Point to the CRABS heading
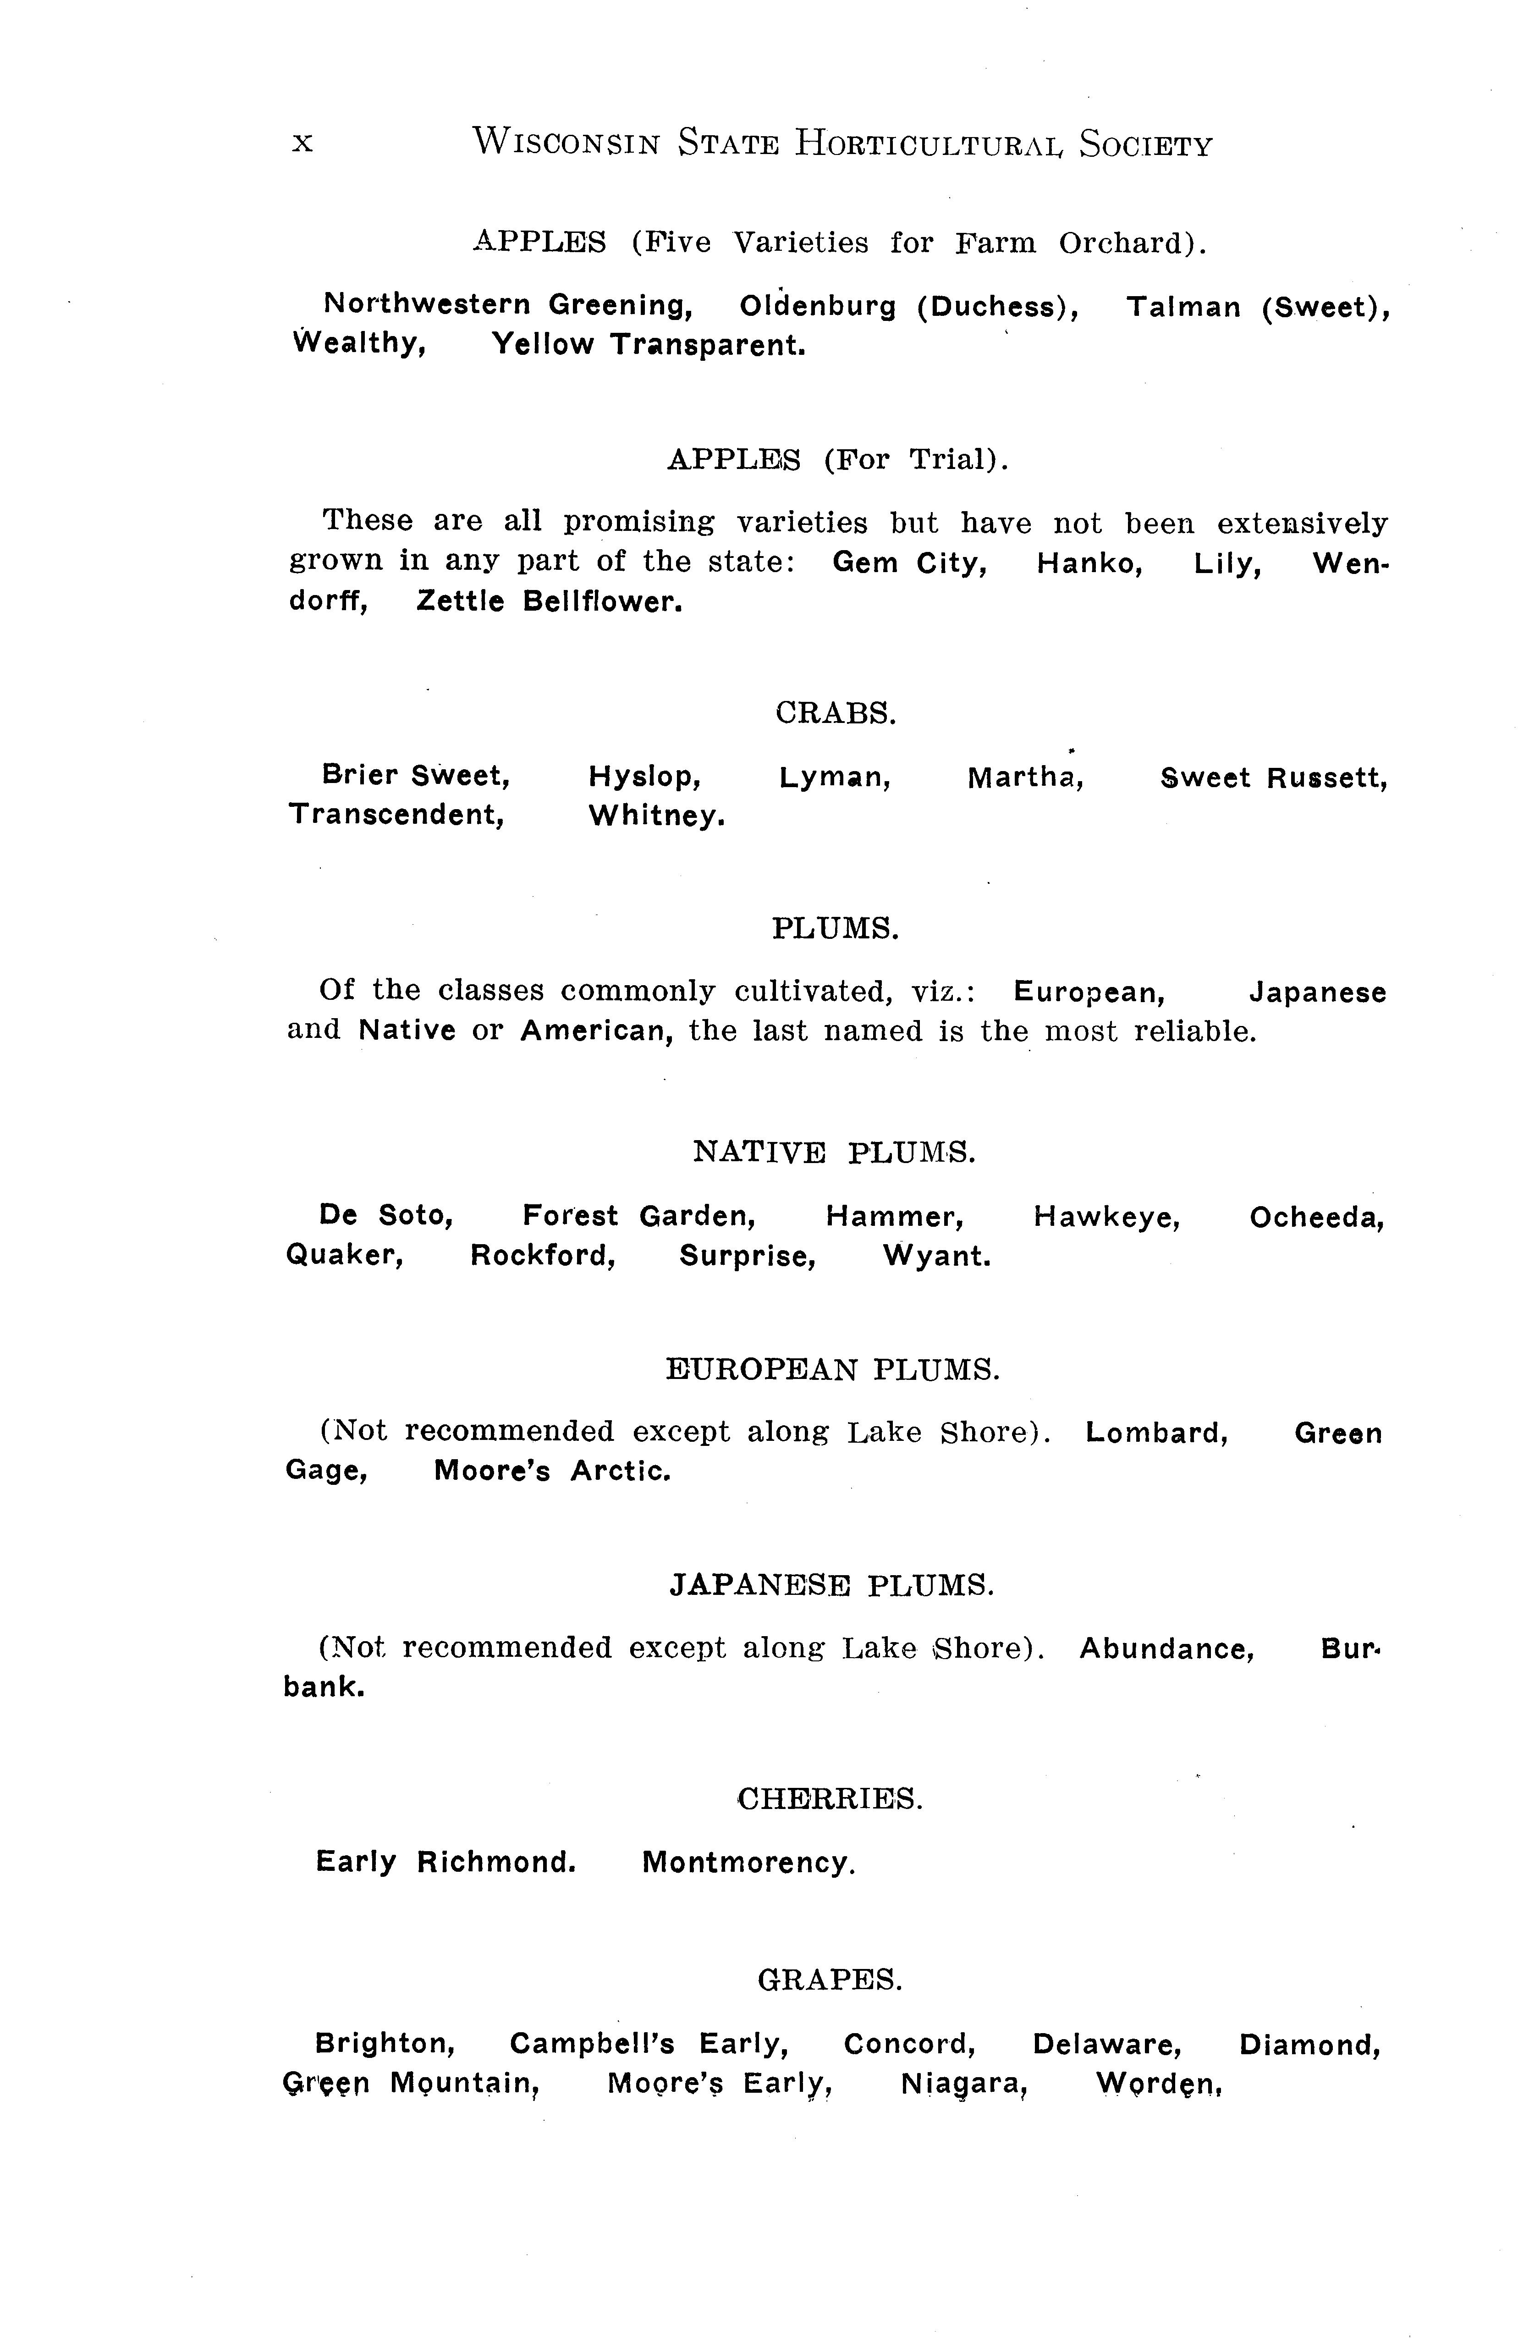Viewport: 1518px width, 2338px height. [836, 713]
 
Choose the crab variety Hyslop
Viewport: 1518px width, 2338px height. [644, 777]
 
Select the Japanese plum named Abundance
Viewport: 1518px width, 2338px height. [1166, 1649]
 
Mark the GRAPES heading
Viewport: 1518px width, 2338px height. [830, 1980]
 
